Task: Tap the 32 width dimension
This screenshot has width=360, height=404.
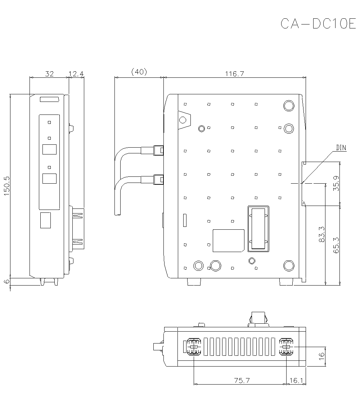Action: click(x=49, y=73)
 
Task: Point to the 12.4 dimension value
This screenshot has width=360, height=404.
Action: click(x=76, y=73)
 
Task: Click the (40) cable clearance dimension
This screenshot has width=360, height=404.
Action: click(x=139, y=72)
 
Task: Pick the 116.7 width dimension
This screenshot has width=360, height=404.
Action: click(x=234, y=73)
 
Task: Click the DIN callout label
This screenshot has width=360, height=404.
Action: click(x=341, y=148)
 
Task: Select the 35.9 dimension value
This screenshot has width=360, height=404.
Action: click(x=336, y=183)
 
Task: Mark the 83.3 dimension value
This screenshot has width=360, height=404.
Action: click(x=322, y=234)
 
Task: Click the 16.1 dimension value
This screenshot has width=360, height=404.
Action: click(x=296, y=380)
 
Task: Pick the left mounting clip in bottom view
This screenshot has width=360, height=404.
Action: click(x=194, y=347)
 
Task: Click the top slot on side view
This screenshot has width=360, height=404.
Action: click(x=50, y=100)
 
